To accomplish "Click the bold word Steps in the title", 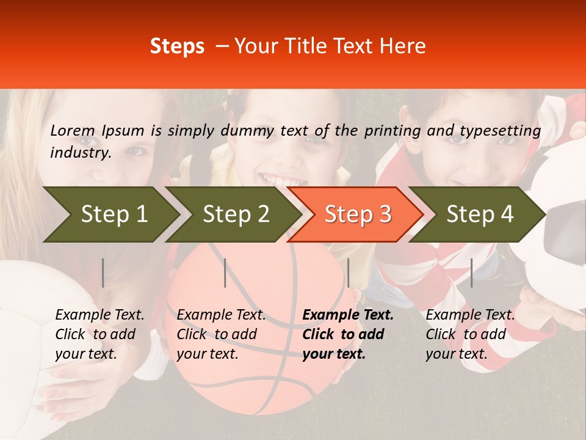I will (x=177, y=46).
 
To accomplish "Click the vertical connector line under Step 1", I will (x=103, y=273).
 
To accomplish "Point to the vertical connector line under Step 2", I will (x=225, y=273).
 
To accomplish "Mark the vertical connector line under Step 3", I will (x=348, y=273).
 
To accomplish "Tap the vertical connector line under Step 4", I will (x=471, y=273).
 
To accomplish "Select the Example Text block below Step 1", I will (x=99, y=334).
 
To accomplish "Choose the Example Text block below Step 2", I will (x=221, y=334).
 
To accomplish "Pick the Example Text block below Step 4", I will (x=470, y=334).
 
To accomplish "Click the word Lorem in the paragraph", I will (x=73, y=130).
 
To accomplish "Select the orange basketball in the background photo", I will (x=256, y=342).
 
